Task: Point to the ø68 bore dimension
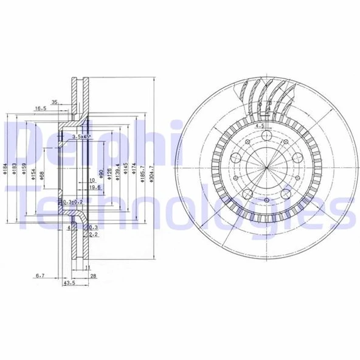click(41, 176)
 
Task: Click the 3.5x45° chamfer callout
click(80, 137)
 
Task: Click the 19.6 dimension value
click(94, 188)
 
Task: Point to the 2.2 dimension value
click(94, 234)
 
